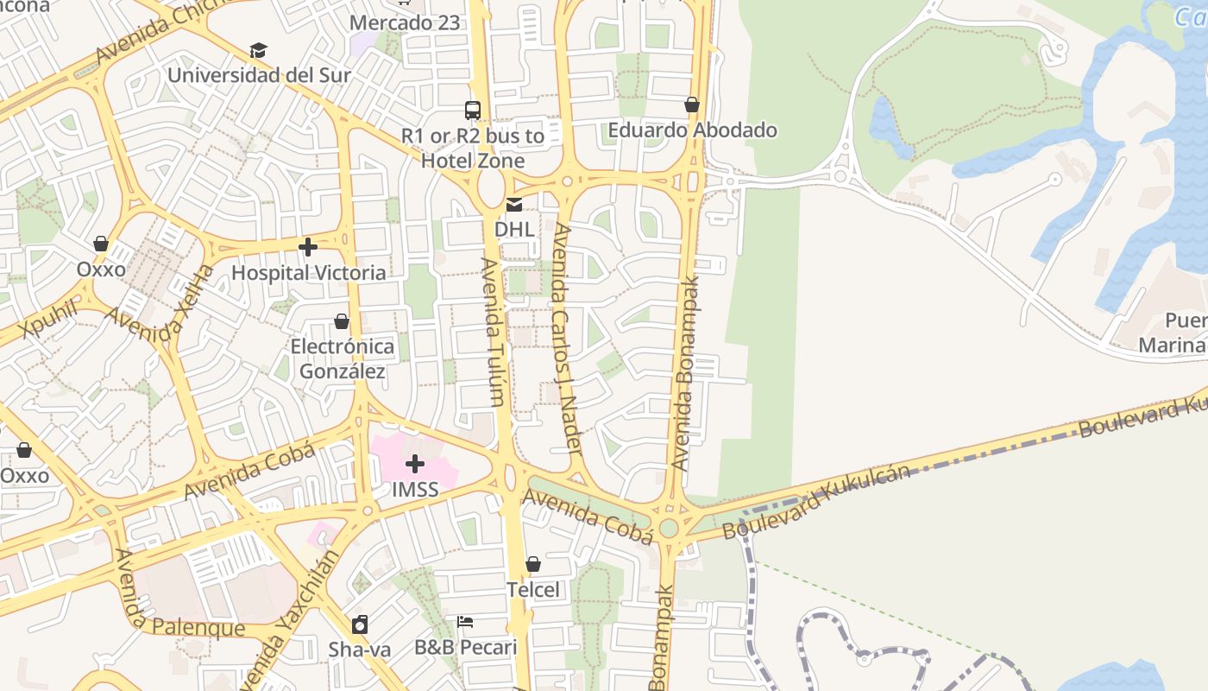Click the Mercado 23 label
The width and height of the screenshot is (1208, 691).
405,22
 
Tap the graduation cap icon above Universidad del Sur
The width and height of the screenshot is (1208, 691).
258,51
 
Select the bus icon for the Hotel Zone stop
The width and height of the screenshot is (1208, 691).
473,111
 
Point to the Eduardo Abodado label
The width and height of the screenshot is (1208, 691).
692,130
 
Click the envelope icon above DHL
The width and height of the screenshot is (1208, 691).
514,205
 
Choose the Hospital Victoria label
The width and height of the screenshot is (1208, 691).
308,273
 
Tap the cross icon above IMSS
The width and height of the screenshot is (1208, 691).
415,464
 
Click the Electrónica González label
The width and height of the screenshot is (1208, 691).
342,359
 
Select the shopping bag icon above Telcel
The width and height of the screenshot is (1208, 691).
533,564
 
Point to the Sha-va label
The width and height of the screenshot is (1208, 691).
359,650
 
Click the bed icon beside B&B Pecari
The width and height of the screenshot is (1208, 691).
465,622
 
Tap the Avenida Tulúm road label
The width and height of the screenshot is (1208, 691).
494,332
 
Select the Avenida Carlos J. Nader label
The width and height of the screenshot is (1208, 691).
567,339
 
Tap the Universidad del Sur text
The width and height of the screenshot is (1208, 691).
259,75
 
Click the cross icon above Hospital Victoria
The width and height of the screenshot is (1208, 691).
308,248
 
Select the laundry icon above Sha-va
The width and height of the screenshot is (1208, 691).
360,624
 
